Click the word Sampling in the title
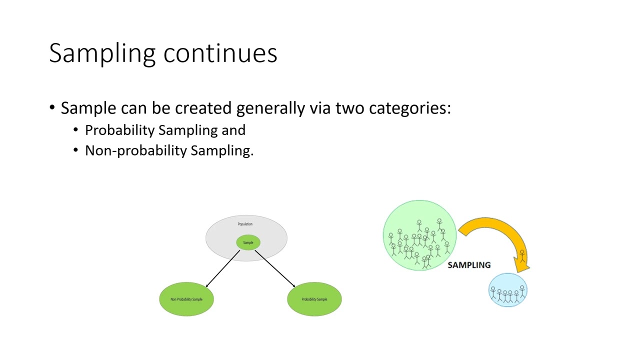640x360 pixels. pyautogui.click(x=103, y=53)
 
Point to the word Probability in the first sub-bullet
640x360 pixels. pyautogui.click(x=119, y=130)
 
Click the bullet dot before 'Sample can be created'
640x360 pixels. pyautogui.click(x=52, y=108)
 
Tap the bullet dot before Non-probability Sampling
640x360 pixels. pyautogui.click(x=76, y=150)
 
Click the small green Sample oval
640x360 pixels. pyautogui.click(x=248, y=242)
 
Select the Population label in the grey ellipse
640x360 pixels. pyautogui.click(x=245, y=224)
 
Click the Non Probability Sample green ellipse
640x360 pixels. pyautogui.click(x=186, y=299)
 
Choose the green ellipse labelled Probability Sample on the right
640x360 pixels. pyautogui.click(x=314, y=299)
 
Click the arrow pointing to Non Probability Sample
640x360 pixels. pyautogui.click(x=222, y=269)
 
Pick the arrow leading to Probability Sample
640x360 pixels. pyautogui.click(x=275, y=269)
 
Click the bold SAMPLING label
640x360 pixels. pyautogui.click(x=469, y=265)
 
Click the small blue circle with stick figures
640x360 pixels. pyautogui.click(x=508, y=290)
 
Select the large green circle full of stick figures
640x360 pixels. pyautogui.click(x=419, y=235)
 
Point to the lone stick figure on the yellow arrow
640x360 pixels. pyautogui.click(x=522, y=256)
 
